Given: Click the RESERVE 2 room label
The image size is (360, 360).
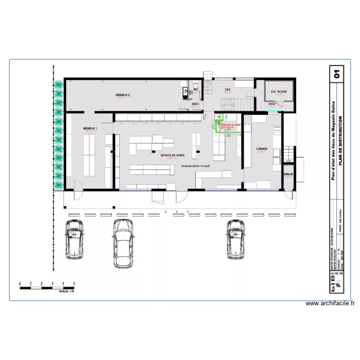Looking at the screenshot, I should (x=123, y=96).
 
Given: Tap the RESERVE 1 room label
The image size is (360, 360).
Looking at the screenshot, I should (x=90, y=129).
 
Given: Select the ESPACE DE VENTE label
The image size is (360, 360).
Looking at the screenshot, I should (x=173, y=156).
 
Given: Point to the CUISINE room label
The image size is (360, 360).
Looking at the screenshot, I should (x=262, y=148).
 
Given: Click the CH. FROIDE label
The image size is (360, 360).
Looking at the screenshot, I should (x=279, y=92).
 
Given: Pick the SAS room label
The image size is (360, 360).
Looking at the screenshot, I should (x=228, y=90).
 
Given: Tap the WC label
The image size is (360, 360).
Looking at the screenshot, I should (x=196, y=89).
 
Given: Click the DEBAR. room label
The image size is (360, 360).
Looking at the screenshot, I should (x=289, y=174).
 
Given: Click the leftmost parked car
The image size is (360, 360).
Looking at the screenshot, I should (x=74, y=238).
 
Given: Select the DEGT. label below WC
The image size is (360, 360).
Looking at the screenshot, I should (x=196, y=103).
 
